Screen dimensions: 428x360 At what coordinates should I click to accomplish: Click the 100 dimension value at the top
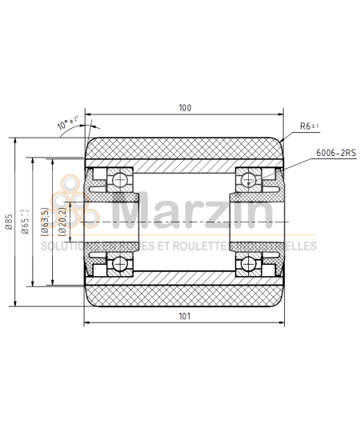click(185, 107)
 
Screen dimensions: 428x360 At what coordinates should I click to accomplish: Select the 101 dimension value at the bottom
click(185, 317)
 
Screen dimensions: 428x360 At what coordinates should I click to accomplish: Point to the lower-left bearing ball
click(122, 263)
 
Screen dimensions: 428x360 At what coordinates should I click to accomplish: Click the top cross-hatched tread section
click(185, 150)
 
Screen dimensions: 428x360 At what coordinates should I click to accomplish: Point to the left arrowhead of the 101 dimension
click(87, 324)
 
